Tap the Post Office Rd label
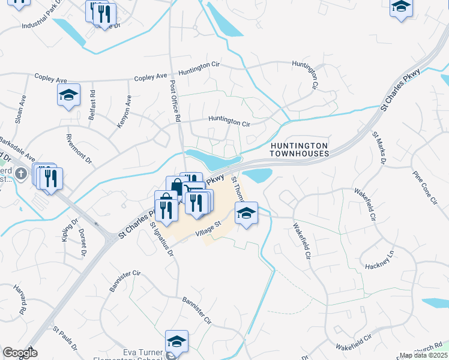click(175, 101)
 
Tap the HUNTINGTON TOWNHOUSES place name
click(299, 149)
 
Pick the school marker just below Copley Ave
click(69, 95)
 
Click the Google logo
click(20, 353)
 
